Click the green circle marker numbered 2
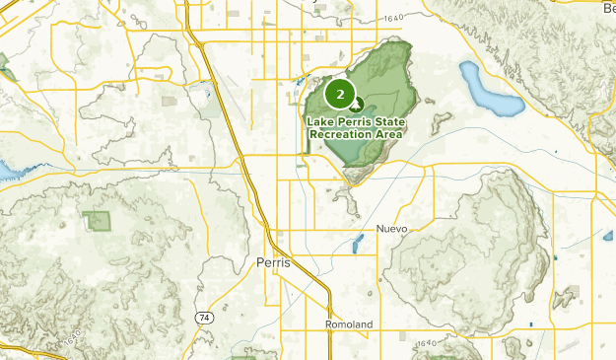[340, 95]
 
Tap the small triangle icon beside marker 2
[357, 104]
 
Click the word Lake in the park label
[321, 121]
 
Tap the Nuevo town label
[391, 228]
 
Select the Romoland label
[348, 324]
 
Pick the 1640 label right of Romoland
[426, 342]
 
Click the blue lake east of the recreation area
[488, 91]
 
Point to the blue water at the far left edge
[7, 172]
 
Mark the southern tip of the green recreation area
[352, 180]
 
